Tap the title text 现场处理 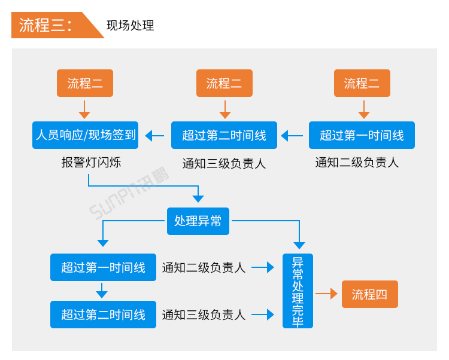pyautogui.click(x=130, y=26)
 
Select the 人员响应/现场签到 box pyautogui.click(x=85, y=135)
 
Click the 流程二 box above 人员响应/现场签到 pyautogui.click(x=85, y=83)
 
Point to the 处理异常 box pyautogui.click(x=198, y=221)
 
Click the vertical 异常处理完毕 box pyautogui.click(x=298, y=291)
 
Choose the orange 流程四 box pyautogui.click(x=369, y=294)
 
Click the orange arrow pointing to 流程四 pyautogui.click(x=326, y=294)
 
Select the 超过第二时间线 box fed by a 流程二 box pyautogui.click(x=224, y=135)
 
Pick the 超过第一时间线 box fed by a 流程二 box pyautogui.click(x=362, y=135)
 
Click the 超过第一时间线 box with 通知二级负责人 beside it pyautogui.click(x=103, y=267)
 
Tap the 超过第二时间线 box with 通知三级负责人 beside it pyautogui.click(x=103, y=315)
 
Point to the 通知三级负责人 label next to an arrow pyautogui.click(x=204, y=315)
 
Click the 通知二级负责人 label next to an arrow pyautogui.click(x=204, y=268)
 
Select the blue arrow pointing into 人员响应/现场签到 pyautogui.click(x=154, y=136)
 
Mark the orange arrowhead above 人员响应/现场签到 pyautogui.click(x=84, y=114)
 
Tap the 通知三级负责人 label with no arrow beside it pyautogui.click(x=224, y=163)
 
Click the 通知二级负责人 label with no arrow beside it pyautogui.click(x=357, y=162)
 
